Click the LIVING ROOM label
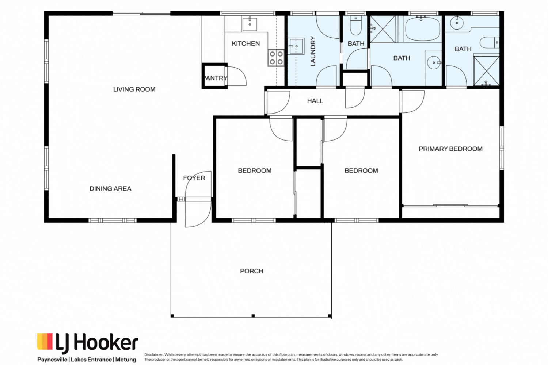click(134, 89)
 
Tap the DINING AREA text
click(110, 189)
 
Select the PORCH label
click(251, 271)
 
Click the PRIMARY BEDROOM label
click(450, 149)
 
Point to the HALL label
click(315, 101)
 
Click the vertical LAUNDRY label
click(313, 51)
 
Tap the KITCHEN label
click(246, 44)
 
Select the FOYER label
click(194, 178)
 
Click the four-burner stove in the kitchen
click(276, 58)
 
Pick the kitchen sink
click(250, 24)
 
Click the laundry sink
click(296, 46)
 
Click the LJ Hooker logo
click(88, 343)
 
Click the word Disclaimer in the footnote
click(153, 354)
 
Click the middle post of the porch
click(253, 316)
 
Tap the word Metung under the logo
click(126, 360)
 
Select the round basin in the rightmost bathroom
click(457, 23)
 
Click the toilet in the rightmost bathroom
click(489, 42)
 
